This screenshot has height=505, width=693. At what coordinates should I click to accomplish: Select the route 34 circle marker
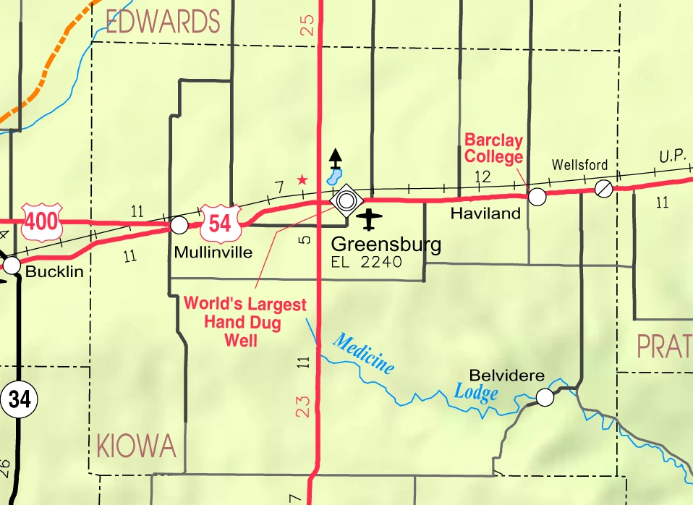[x=19, y=400]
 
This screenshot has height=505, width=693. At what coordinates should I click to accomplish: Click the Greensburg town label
[x=386, y=245]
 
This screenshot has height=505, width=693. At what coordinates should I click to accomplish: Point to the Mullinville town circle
[x=179, y=225]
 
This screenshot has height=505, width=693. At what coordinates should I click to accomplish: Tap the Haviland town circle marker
[x=537, y=196]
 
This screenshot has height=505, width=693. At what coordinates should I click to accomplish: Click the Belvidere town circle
[x=545, y=396]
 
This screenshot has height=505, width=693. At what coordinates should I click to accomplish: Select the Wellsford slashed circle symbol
[x=603, y=189]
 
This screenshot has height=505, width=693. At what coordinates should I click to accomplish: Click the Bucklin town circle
[x=12, y=266]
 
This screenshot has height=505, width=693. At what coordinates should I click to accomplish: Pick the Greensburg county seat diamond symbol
[x=346, y=199]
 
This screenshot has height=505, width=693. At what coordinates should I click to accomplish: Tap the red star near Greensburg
[x=302, y=179]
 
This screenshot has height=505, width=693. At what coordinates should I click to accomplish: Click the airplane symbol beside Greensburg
[x=370, y=217]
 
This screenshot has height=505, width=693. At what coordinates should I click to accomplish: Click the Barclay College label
[x=493, y=148]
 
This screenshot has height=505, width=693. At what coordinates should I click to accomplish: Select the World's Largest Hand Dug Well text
[x=245, y=322]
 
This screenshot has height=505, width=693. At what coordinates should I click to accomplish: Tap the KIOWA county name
[x=136, y=446]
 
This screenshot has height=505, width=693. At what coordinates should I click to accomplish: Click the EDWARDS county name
[x=163, y=22]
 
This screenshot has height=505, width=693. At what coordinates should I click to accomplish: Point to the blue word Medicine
[x=365, y=354]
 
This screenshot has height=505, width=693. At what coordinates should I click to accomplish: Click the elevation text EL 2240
[x=366, y=262]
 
